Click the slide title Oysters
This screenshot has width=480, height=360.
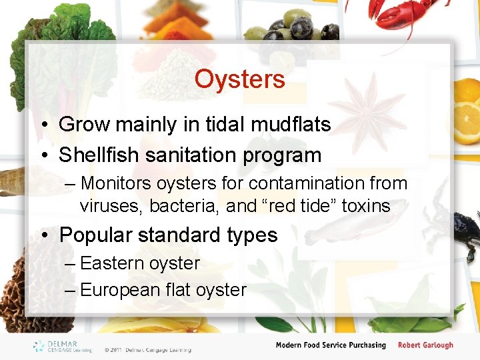[x=239, y=79]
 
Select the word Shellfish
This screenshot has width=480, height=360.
[x=100, y=155]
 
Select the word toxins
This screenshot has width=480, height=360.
[x=365, y=206]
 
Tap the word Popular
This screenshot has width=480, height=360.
[x=95, y=235]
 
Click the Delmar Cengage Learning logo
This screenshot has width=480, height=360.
[x=63, y=346]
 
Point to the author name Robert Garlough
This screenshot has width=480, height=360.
[x=425, y=345]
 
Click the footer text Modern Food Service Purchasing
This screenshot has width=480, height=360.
[x=331, y=345]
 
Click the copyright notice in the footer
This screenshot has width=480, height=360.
[x=147, y=349]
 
